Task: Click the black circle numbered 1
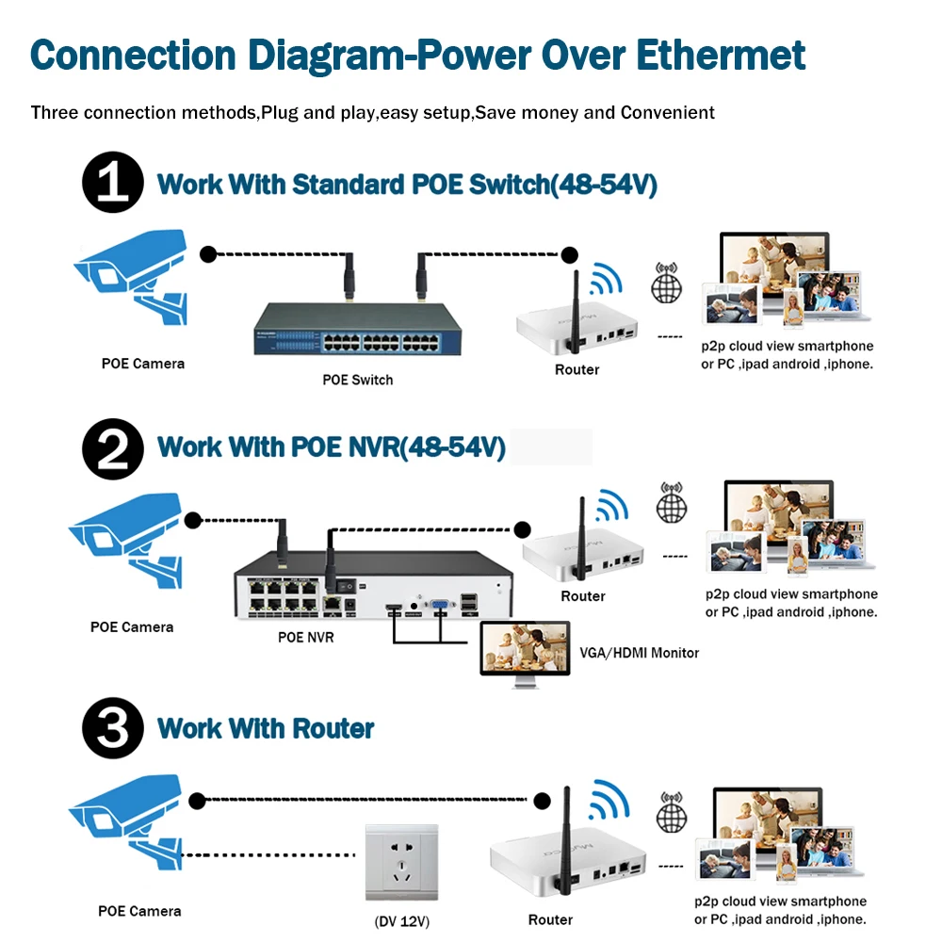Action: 113,182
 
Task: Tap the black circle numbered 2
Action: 113,448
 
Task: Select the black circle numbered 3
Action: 113,728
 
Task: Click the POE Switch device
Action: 357,329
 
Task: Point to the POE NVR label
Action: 306,638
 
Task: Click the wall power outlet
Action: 402,863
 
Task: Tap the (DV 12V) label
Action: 402,921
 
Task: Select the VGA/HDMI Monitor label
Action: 640,653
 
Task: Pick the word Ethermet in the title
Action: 721,56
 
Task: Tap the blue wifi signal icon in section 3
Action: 609,800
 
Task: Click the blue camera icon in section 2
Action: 125,541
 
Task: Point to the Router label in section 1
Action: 577,369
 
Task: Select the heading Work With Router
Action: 266,729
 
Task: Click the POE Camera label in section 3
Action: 139,911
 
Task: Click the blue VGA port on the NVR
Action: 440,604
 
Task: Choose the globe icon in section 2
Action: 672,503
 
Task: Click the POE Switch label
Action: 357,380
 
